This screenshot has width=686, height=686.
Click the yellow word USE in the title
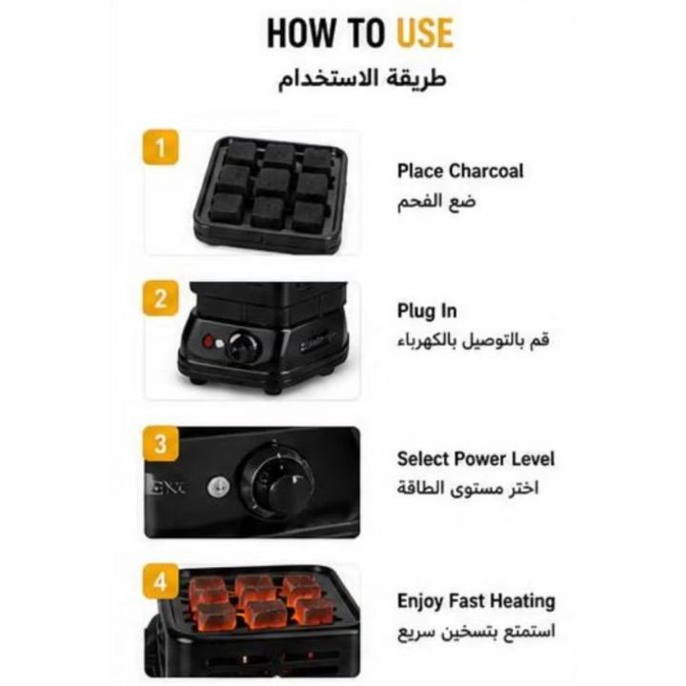(425, 32)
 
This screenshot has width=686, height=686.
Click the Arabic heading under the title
(362, 80)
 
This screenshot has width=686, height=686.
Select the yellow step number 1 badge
(161, 147)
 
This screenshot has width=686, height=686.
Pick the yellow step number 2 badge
(161, 298)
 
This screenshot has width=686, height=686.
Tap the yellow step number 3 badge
(161, 444)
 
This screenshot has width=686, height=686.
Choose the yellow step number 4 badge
(161, 581)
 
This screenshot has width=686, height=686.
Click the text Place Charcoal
(460, 171)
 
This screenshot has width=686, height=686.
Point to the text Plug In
(427, 312)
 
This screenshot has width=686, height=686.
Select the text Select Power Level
(475, 459)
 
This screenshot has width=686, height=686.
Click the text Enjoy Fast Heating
(476, 601)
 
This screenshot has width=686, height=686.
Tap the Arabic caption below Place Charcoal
(436, 202)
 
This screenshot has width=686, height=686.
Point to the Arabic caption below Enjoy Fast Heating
(476, 633)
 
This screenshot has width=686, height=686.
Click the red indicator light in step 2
(209, 341)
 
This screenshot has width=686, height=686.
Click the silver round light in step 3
(219, 486)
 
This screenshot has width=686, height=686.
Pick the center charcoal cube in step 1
(272, 182)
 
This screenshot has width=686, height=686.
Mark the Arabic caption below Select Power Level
(468, 488)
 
